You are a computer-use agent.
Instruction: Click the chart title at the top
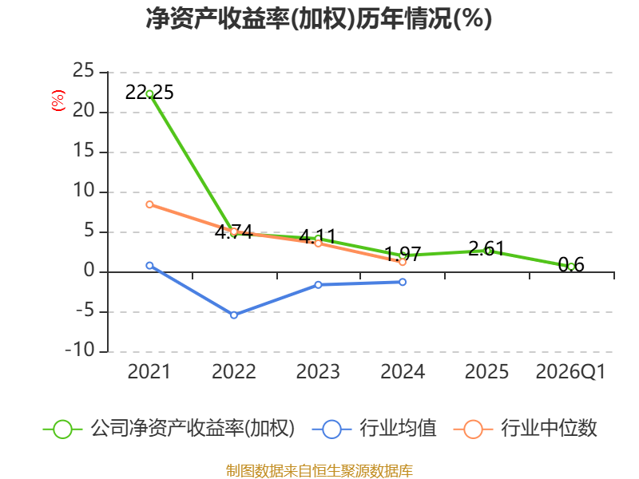(319, 18)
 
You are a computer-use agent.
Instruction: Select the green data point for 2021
(149, 94)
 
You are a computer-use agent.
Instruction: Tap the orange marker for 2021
(149, 204)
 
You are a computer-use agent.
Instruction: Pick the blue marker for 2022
(234, 315)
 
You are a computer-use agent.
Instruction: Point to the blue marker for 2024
(403, 282)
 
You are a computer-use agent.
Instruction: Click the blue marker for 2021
(149, 266)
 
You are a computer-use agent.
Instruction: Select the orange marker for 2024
(403, 262)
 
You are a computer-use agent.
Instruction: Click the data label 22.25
(149, 93)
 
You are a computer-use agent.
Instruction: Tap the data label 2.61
(486, 248)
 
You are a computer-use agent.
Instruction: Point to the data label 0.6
(571, 265)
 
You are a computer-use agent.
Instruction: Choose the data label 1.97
(403, 254)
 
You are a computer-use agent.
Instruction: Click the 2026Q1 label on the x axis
(570, 371)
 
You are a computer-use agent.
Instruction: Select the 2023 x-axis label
(318, 371)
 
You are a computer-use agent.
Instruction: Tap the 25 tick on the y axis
(84, 70)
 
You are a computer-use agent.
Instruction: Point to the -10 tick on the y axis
(80, 350)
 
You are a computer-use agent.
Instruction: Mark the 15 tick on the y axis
(84, 151)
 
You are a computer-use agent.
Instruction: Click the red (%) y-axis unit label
(58, 101)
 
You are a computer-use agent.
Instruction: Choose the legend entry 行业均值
(375, 429)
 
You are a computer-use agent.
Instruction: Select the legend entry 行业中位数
(526, 429)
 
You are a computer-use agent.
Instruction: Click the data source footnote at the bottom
(319, 470)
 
